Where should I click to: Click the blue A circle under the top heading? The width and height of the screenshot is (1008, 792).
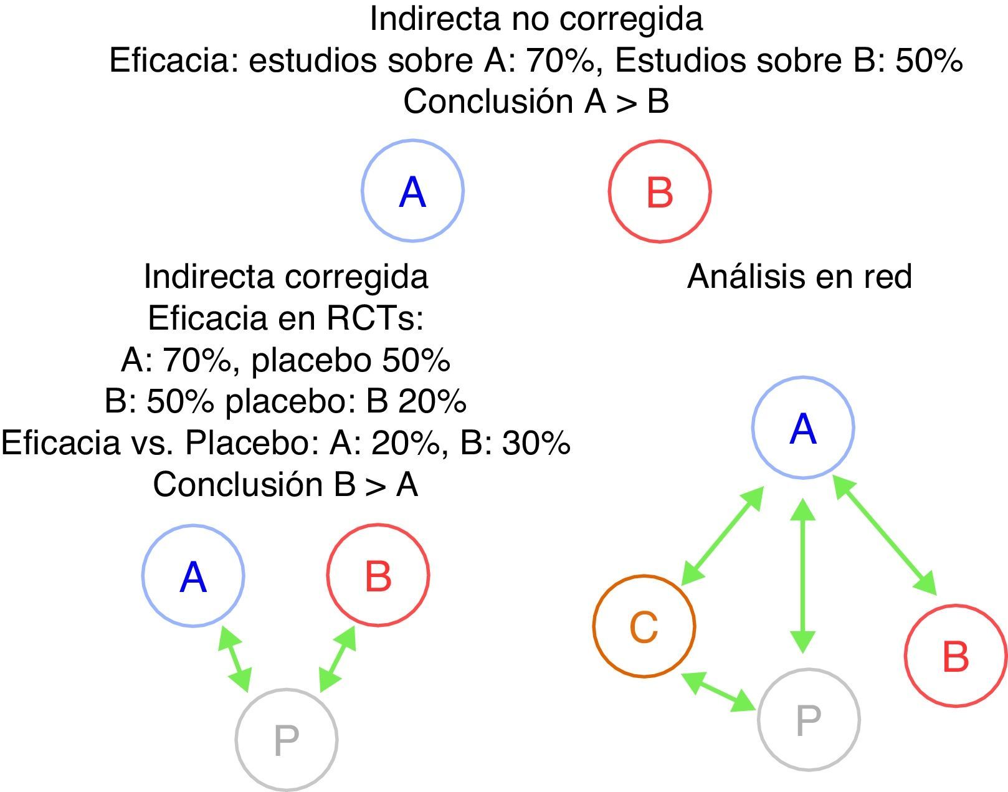[412, 191]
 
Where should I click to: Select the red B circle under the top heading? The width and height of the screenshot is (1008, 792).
[659, 191]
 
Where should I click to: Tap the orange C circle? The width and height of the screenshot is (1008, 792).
[644, 626]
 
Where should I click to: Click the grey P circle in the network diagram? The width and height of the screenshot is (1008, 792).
[808, 719]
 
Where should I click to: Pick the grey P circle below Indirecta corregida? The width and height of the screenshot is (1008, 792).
[286, 739]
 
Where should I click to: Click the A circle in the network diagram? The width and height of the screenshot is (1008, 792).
[802, 428]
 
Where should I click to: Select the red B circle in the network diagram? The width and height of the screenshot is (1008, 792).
[955, 656]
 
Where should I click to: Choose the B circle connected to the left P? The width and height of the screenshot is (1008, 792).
[378, 575]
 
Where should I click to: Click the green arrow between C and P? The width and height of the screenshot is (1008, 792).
[720, 691]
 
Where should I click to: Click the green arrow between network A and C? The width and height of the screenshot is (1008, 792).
[723, 536]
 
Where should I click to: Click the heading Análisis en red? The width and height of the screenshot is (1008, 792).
[799, 276]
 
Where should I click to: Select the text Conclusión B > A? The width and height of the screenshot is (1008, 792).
[285, 484]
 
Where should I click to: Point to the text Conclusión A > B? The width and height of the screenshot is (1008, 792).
[536, 101]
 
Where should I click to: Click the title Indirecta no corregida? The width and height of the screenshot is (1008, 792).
[536, 19]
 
